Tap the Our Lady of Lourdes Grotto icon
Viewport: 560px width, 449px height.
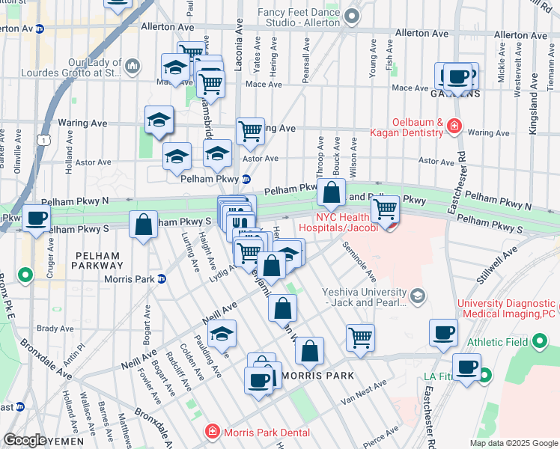coord(133,67)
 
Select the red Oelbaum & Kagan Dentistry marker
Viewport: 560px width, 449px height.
coord(454,125)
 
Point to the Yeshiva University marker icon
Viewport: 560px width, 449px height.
coord(418,297)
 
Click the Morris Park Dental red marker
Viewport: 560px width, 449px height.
coord(213,432)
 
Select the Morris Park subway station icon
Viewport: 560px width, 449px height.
coord(162,279)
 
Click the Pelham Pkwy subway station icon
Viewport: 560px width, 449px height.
coord(246,179)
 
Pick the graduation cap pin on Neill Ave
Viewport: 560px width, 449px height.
coord(222,335)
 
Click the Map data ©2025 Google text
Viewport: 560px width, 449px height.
coord(513,443)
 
